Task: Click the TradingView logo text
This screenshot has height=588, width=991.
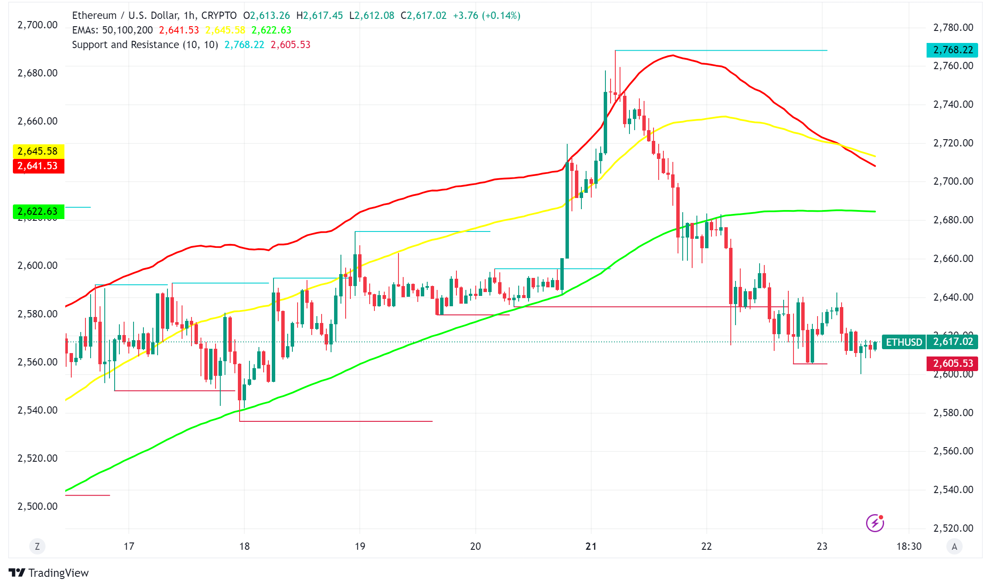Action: click(58, 573)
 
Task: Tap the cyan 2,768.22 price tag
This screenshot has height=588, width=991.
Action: click(952, 50)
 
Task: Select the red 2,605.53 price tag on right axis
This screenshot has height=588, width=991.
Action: click(952, 363)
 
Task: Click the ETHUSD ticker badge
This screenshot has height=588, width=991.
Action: click(904, 342)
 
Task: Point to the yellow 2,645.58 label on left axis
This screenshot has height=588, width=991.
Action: click(38, 151)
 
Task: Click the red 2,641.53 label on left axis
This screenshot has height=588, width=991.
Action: click(38, 166)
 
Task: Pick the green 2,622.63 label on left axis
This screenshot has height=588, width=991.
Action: click(38, 211)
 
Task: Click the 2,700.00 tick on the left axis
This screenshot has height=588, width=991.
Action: click(37, 25)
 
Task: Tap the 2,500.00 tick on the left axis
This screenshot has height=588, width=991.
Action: click(37, 506)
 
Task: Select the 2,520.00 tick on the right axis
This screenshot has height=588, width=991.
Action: click(953, 528)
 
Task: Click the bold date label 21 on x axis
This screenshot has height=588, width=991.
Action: click(591, 546)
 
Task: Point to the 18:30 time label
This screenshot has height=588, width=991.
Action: click(909, 546)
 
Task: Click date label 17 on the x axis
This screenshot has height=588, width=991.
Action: click(129, 546)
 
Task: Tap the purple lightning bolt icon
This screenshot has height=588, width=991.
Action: click(875, 523)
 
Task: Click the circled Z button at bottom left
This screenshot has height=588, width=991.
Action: click(37, 546)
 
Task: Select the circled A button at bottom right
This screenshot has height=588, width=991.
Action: click(954, 546)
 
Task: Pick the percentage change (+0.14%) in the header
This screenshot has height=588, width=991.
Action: click(501, 15)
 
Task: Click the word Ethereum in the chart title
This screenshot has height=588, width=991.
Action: click(94, 15)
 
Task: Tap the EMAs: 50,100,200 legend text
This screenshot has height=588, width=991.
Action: click(112, 30)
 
